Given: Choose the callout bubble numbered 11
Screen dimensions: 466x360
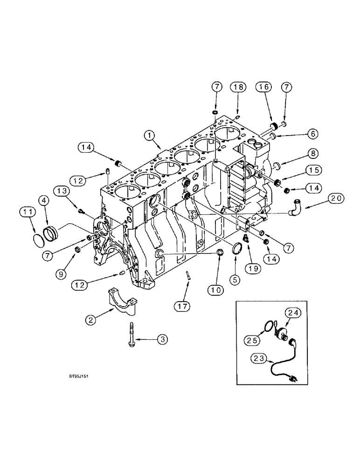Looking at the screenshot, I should point(28,213).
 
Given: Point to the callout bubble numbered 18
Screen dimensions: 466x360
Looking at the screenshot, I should point(238,87).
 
